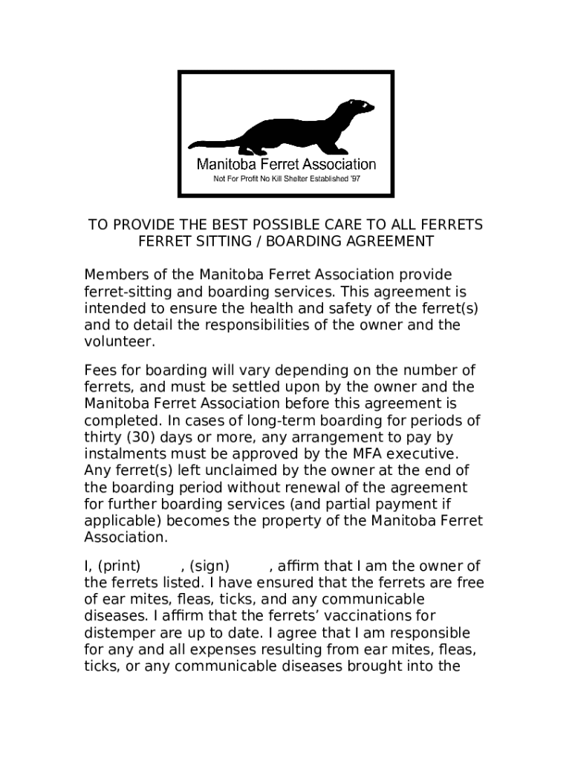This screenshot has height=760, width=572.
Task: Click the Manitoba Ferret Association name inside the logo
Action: click(x=286, y=164)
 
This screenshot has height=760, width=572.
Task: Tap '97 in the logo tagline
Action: click(x=354, y=179)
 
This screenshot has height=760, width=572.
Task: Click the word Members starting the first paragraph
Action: click(x=114, y=275)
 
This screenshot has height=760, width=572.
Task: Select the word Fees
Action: click(x=99, y=370)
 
